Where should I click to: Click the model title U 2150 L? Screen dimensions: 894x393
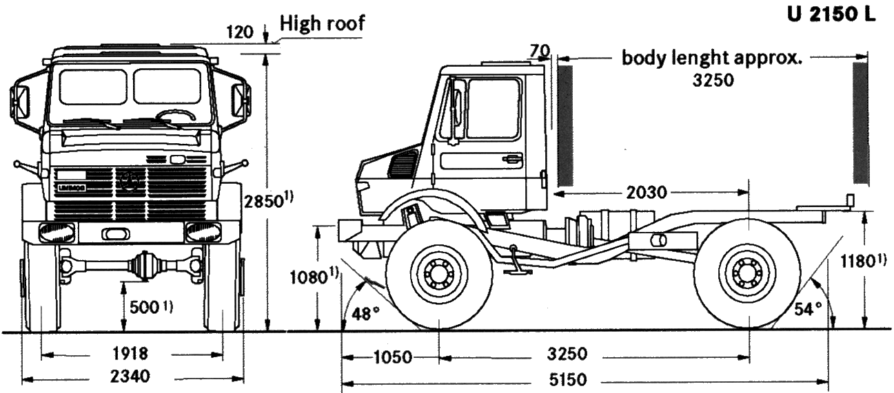(x=832, y=15)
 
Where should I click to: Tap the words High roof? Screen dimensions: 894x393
(x=322, y=23)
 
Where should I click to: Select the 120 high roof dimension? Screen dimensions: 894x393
(x=240, y=32)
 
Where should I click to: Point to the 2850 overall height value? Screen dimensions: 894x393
(x=264, y=202)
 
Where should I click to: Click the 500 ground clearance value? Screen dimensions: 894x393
(x=145, y=307)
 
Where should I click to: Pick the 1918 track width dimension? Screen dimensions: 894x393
(x=130, y=354)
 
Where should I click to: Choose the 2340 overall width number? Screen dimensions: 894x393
(x=130, y=376)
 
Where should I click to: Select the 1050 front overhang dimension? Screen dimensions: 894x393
(x=393, y=357)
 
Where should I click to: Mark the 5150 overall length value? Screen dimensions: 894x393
(x=568, y=380)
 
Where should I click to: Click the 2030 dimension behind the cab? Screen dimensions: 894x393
(x=647, y=193)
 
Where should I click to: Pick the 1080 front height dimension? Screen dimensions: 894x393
(x=309, y=277)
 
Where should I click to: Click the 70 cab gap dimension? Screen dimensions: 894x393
(x=540, y=51)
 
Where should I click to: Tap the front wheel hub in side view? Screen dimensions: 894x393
(x=438, y=274)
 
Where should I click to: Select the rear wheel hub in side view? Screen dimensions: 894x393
(x=746, y=274)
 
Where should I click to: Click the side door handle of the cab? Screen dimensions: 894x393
(x=512, y=159)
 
